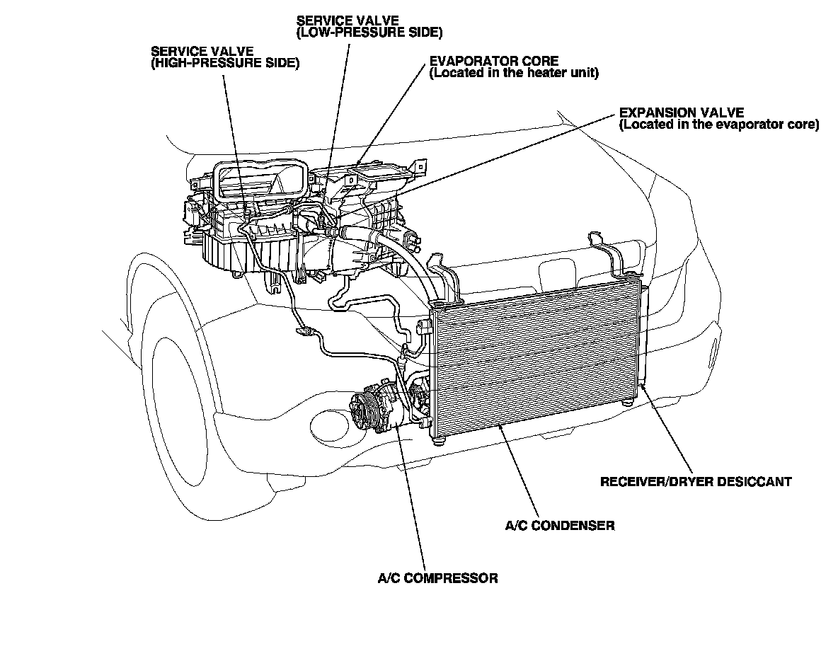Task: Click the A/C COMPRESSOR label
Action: (437, 578)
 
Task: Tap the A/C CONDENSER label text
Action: (559, 526)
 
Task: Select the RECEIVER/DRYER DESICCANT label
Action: (696, 482)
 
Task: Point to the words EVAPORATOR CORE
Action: (494, 61)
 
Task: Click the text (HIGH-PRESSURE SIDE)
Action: (225, 63)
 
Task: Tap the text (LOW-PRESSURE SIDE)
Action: (369, 32)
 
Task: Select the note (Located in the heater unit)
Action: (514, 73)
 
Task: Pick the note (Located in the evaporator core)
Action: (718, 125)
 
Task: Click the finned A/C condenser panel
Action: (538, 361)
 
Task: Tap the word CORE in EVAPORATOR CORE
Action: (542, 61)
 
